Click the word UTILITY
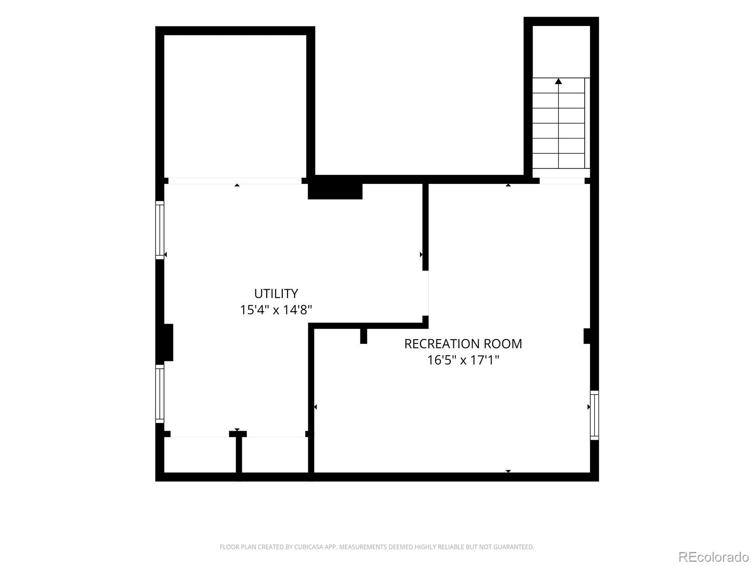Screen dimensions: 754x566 pos(276,293)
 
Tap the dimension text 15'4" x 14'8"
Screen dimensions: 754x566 pos(276,310)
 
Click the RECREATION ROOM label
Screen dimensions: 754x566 pos(463,344)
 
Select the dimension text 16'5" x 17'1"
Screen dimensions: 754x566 pos(463,360)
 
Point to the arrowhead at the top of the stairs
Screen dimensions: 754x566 pos(558,81)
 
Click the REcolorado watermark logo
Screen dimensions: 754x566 pos(713,557)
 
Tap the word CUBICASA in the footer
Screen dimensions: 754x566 pos(308,547)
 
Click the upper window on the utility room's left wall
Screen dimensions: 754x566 pos(160,230)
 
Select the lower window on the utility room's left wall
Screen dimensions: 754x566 pos(160,394)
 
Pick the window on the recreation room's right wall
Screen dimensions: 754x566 pos(594,415)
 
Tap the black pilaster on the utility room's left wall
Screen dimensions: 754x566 pos(164,342)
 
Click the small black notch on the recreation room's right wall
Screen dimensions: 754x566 pos(587,336)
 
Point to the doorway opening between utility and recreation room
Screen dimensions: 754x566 pos(425,293)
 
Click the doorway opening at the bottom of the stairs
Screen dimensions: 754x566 pos(562,181)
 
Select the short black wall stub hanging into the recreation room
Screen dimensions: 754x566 pos(363,336)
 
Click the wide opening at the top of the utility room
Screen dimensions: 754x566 pos(235,181)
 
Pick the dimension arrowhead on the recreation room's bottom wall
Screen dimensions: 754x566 pos(508,471)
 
